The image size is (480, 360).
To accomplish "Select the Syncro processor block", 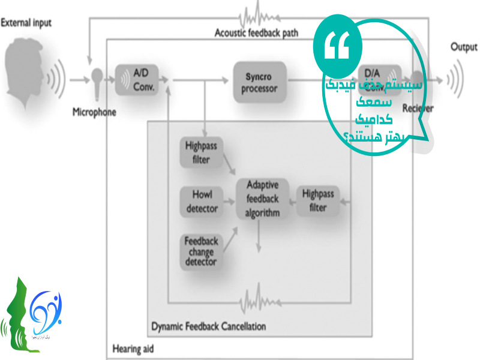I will pyautogui.click(x=260, y=83).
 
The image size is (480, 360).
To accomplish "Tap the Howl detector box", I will pyautogui.click(x=202, y=202).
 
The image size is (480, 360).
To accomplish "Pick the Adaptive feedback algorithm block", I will pyautogui.click(x=262, y=198).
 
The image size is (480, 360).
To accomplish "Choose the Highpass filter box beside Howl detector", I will pyautogui.click(x=201, y=152).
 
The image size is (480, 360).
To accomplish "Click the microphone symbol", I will pyautogui.click(x=96, y=81).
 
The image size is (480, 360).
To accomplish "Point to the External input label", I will pyautogui.click(x=26, y=23).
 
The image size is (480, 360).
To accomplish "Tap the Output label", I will pyautogui.click(x=464, y=47).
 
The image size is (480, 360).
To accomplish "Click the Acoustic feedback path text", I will pyautogui.click(x=256, y=32).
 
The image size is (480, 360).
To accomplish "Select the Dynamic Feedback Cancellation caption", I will pyautogui.click(x=208, y=327).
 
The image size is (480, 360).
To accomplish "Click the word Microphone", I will pyautogui.click(x=94, y=112).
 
